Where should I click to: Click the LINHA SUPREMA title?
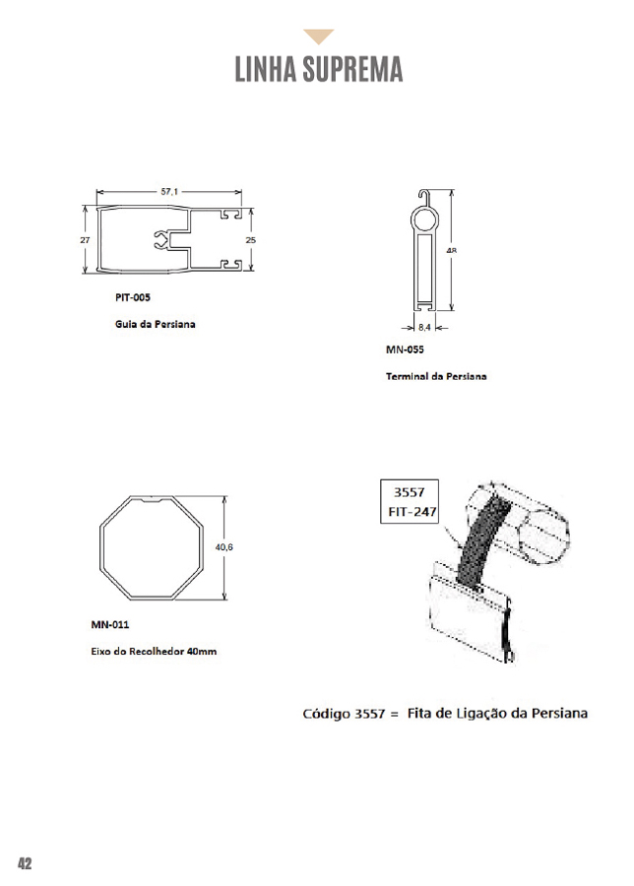318,70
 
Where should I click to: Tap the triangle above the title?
318,37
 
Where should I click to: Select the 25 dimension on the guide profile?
251,239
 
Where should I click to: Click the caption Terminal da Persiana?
436,376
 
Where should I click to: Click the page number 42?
25,863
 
